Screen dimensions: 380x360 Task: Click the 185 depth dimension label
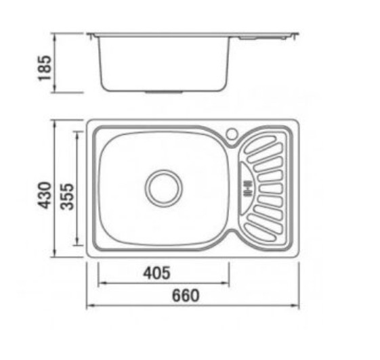click(45, 68)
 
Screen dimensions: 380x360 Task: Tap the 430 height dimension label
click(45, 196)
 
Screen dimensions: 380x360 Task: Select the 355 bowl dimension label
click(67, 197)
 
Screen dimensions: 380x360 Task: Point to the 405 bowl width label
click(156, 273)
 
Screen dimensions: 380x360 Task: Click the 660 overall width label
click(186, 295)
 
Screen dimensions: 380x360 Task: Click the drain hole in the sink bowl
click(164, 188)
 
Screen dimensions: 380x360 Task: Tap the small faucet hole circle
click(232, 133)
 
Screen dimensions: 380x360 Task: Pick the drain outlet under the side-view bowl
click(164, 92)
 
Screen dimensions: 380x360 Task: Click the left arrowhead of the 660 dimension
click(90, 306)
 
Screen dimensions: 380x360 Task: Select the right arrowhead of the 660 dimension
click(295, 306)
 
